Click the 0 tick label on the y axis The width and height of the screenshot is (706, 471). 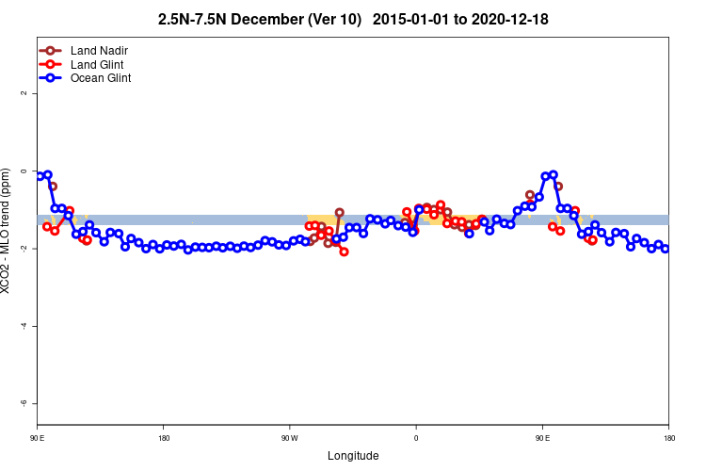24,171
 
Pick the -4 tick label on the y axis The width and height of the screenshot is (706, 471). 24,326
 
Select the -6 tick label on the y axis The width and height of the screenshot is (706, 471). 24,403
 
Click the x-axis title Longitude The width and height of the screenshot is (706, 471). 353,456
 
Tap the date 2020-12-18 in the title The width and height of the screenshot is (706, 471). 511,20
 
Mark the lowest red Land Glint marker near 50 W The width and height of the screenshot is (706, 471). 344,252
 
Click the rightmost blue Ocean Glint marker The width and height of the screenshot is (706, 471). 665,249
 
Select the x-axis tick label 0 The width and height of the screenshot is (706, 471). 416,438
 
